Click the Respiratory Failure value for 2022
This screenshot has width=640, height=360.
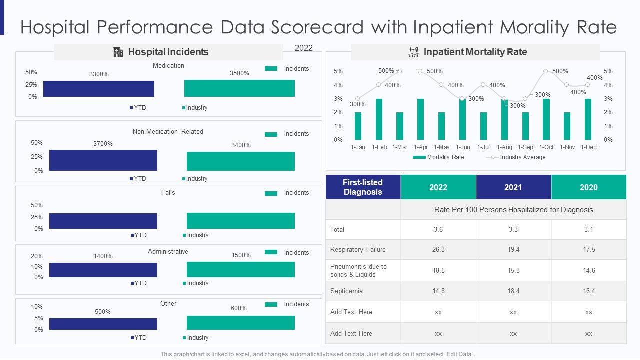point(438,249)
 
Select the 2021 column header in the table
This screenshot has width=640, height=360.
point(513,187)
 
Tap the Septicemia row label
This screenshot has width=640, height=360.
point(346,291)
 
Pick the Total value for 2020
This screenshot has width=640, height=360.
point(588,229)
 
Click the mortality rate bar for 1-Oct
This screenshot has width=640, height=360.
point(546,119)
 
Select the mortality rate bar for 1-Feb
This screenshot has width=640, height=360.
point(379,119)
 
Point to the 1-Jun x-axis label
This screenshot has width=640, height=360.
point(462,147)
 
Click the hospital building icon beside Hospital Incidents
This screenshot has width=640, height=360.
point(118,52)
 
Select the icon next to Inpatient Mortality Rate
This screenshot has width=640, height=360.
point(413,52)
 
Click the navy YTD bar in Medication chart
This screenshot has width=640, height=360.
point(99,88)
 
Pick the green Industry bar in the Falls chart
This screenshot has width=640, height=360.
point(241,221)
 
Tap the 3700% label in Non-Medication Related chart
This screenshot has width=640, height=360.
point(103,144)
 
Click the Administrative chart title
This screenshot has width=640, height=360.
point(168,251)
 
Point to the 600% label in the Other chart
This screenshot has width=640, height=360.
point(239,308)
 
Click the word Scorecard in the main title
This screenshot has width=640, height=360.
point(317,27)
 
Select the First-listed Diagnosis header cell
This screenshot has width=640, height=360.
point(363,187)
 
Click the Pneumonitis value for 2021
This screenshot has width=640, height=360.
point(513,270)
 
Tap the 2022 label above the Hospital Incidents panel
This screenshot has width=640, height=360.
point(304,48)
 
